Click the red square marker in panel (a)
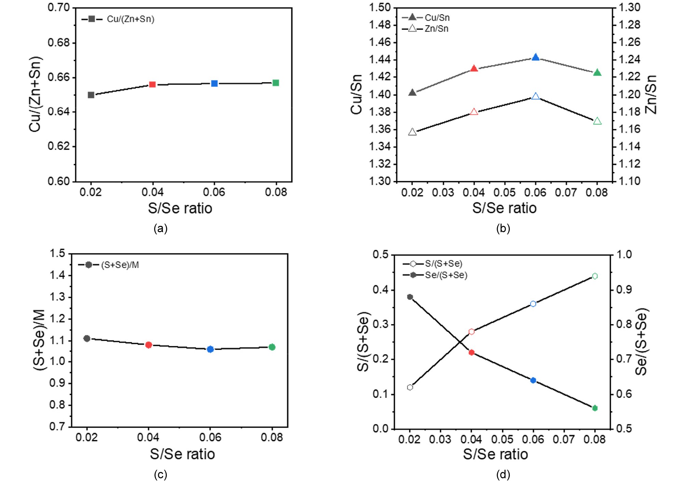click(152, 84)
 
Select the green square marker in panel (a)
click(276, 83)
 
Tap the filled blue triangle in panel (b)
click(536, 57)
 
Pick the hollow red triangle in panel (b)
click(474, 112)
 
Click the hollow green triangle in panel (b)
click(597, 121)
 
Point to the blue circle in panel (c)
click(210, 349)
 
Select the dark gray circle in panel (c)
click(87, 338)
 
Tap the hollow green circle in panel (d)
click(595, 276)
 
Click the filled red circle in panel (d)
click(471, 352)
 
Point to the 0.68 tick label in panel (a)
click(58, 43)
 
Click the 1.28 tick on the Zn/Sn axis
click(629, 25)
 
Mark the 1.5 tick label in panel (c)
click(57, 253)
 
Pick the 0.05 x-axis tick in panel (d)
click(502, 439)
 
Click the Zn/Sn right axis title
click(650, 94)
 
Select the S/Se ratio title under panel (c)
click(182, 454)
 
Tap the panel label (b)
click(503, 228)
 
